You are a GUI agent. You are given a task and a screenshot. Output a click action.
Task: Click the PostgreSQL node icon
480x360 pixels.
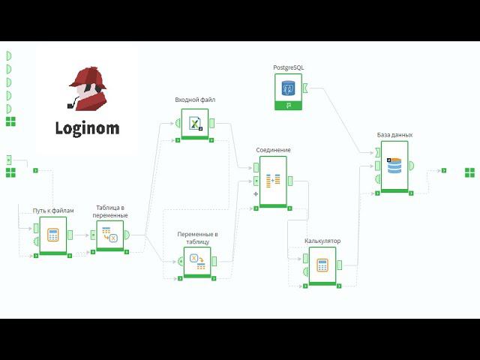(x=288, y=88)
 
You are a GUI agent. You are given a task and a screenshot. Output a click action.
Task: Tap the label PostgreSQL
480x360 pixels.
(x=289, y=67)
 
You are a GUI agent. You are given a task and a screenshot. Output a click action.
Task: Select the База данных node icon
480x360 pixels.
(x=394, y=166)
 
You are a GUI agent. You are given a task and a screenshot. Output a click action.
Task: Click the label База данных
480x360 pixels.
(x=394, y=135)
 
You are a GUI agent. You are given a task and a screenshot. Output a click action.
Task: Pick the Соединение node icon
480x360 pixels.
(x=273, y=180)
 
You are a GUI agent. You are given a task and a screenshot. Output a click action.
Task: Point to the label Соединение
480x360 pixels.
(x=273, y=150)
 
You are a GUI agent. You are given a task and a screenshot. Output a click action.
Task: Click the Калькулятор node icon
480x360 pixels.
(x=322, y=265)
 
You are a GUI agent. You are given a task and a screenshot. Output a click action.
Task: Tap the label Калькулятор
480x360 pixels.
(x=322, y=241)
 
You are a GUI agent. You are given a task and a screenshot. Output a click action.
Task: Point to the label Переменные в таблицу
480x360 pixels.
(x=197, y=238)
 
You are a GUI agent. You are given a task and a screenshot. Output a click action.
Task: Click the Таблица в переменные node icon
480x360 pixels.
(x=110, y=235)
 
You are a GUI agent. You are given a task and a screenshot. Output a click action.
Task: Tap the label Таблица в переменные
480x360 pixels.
(x=110, y=211)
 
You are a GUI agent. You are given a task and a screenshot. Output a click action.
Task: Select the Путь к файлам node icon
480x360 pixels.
(x=53, y=235)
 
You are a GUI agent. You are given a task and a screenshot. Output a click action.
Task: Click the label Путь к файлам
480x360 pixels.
(x=53, y=211)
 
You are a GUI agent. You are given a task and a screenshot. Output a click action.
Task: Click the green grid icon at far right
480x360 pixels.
(x=469, y=172)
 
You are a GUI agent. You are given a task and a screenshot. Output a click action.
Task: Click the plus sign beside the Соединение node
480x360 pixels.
(x=256, y=194)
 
